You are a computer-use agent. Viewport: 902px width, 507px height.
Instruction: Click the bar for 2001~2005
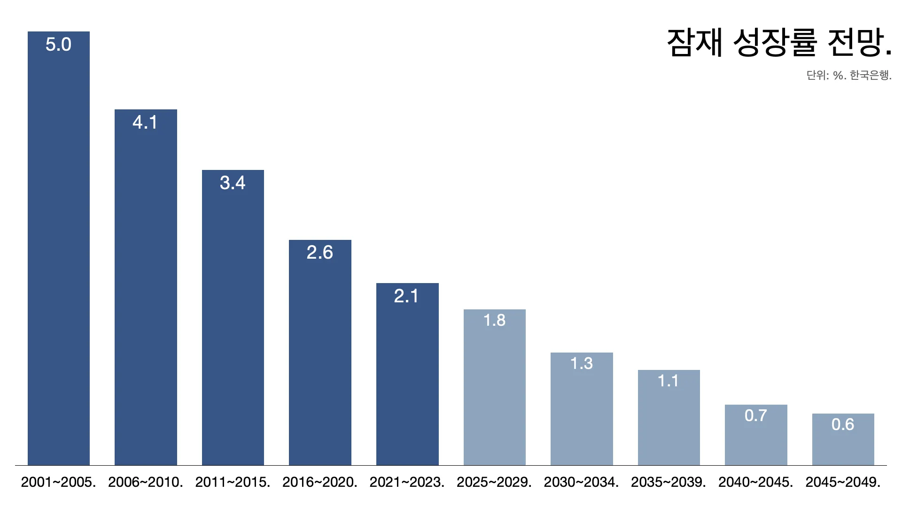[59, 249]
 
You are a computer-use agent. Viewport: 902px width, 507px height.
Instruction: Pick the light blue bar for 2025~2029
[495, 387]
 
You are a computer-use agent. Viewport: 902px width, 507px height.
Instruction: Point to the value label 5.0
[58, 45]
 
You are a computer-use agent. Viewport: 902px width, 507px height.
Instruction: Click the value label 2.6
[320, 253]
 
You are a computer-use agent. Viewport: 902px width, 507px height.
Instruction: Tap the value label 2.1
[407, 296]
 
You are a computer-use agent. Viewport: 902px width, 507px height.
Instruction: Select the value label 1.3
[582, 363]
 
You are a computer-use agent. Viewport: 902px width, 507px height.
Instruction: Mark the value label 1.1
[669, 381]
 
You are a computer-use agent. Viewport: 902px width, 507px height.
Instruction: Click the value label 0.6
[843, 424]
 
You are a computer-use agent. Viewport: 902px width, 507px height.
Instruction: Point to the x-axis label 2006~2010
[146, 482]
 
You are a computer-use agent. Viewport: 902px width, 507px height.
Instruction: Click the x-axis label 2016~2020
[320, 482]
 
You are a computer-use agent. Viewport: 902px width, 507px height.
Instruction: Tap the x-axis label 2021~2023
[407, 482]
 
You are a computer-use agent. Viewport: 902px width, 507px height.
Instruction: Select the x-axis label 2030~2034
[582, 482]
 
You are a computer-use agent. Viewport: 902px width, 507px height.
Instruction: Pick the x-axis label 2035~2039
[669, 482]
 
